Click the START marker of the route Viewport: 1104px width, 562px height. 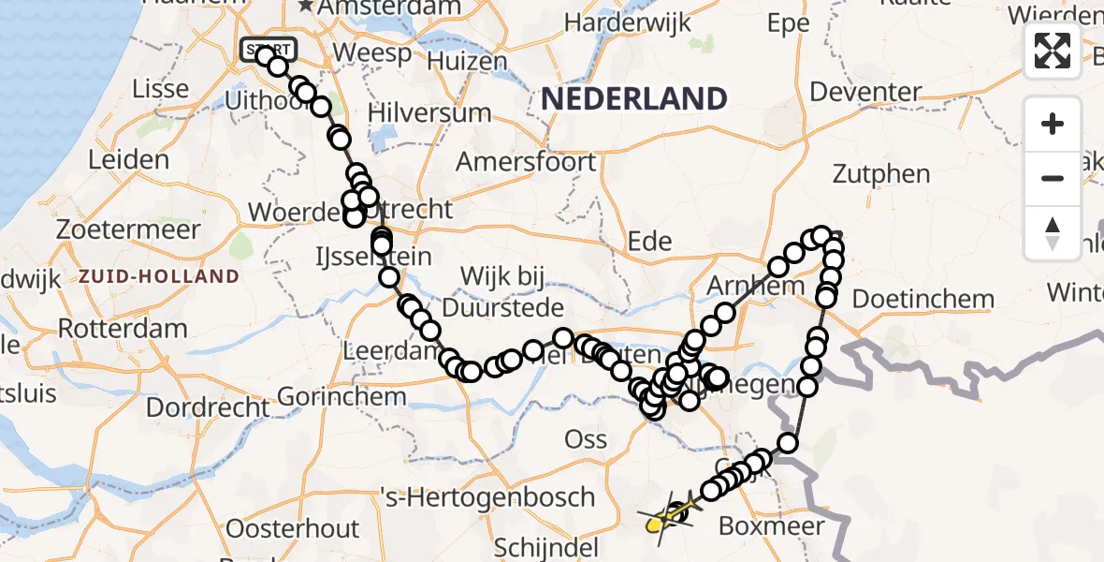point(269,49)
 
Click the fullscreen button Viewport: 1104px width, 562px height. point(1053,51)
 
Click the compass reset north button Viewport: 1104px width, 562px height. point(1053,233)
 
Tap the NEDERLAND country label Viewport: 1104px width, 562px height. point(646,98)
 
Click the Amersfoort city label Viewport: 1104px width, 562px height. point(525,161)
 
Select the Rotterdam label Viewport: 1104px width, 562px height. point(123,329)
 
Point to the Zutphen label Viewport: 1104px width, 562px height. point(882,174)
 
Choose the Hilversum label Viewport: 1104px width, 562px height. point(429,112)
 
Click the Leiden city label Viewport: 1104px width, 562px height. point(128,159)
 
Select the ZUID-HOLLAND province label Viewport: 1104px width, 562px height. point(159,276)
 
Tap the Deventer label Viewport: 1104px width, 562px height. point(866,92)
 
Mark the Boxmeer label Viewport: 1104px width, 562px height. point(772,525)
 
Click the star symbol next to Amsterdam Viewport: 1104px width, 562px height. point(306,7)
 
